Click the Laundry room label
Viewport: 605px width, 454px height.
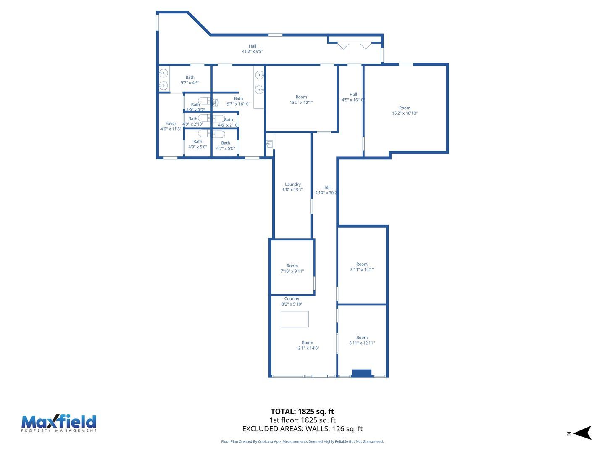coord(293,184)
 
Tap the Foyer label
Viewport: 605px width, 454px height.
coord(171,124)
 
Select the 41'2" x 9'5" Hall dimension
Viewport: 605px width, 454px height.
coord(252,51)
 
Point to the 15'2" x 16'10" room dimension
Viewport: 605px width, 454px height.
coord(405,113)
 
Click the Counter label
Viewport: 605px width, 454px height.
coord(292,298)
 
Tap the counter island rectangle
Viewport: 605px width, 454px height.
coord(295,319)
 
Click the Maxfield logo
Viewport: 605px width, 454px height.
coord(59,423)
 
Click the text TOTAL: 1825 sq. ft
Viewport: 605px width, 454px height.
coord(302,412)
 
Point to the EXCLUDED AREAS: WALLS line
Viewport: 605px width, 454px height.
coord(302,429)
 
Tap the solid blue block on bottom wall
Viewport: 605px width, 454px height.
coord(361,373)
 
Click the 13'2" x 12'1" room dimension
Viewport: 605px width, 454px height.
coord(301,102)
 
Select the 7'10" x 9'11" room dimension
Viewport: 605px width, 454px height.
coord(292,271)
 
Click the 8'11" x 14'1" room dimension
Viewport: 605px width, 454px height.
coord(362,269)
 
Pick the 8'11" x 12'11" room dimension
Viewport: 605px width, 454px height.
coord(362,343)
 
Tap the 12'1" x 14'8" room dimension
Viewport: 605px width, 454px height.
coord(308,348)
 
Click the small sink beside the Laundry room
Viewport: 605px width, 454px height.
coord(269,144)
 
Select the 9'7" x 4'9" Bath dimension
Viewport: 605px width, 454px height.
coord(190,82)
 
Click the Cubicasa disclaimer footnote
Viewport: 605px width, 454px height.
coord(302,441)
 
